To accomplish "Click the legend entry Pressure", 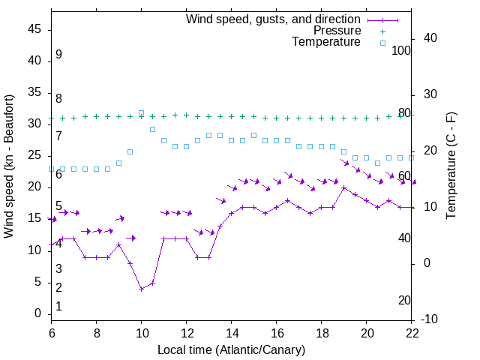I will pos(337,31).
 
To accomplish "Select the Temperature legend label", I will pos(326,42).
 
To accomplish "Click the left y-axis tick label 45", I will pos(34,29).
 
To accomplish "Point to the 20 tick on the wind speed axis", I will pos(34,187).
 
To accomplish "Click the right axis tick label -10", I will pos(431,319).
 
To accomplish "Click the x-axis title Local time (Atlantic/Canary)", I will pos(231,349).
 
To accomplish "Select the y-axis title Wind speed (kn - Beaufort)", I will pos(10,166).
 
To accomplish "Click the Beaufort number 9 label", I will pos(58,55).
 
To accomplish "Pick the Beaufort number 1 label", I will pos(58,307).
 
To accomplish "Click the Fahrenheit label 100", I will pos(402,50).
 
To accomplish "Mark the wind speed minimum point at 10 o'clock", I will pos(141,289).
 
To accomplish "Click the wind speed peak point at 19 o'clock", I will pos(344,187).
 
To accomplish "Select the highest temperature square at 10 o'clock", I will pos(141,113).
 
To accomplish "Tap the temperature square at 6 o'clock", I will pos(51,169).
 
